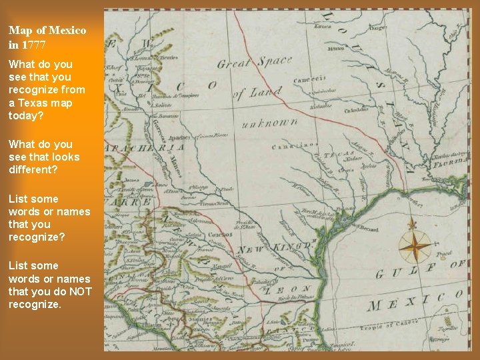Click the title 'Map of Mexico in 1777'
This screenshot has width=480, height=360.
pyautogui.click(x=47, y=37)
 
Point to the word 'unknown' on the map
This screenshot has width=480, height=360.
pyautogui.click(x=269, y=124)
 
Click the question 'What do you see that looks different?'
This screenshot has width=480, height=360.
pyautogui.click(x=44, y=157)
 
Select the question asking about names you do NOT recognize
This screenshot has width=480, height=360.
pyautogui.click(x=49, y=285)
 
